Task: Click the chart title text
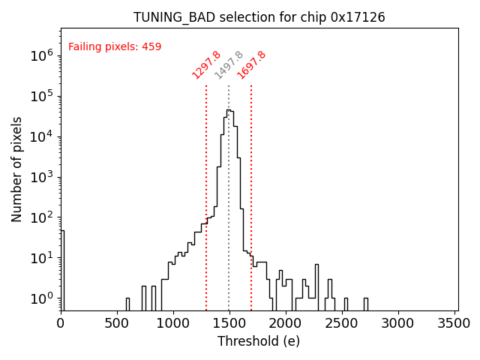click(x=259, y=17)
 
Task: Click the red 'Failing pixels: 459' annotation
click(x=115, y=47)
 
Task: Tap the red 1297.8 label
click(x=206, y=65)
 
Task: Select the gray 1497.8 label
click(x=229, y=65)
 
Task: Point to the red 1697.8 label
click(x=252, y=65)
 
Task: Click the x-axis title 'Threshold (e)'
click(x=259, y=341)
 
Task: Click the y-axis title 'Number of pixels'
click(x=17, y=169)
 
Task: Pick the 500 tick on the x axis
click(x=117, y=323)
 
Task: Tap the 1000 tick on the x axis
click(x=173, y=323)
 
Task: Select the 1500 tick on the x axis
click(x=229, y=323)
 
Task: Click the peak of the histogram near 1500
click(x=229, y=110)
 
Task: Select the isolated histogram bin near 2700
click(x=366, y=303)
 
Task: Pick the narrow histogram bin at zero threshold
click(x=62, y=270)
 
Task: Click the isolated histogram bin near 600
click(x=127, y=304)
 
